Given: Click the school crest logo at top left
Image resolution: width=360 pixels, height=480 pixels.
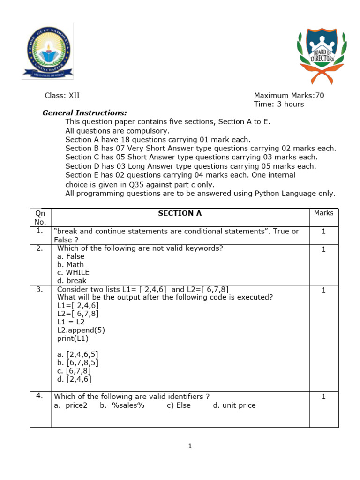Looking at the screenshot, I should [47, 51].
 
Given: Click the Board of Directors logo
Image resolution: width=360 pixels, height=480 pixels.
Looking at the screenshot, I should [322, 53].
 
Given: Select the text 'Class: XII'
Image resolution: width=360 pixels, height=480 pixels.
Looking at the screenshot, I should [62, 96].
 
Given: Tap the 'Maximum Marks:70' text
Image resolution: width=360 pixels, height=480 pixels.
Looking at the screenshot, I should [289, 96].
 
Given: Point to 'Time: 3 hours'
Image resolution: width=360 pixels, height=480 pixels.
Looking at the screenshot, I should [279, 104].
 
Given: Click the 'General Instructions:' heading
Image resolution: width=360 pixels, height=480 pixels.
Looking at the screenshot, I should [85, 113].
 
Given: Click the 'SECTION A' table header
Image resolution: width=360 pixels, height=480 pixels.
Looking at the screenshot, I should [180, 213].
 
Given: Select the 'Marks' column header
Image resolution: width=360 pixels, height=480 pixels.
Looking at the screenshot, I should [323, 213].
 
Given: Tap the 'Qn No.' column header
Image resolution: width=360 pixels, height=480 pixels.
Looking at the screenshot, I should [40, 217].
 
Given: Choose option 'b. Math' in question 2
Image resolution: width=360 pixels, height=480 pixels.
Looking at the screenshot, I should [70, 264].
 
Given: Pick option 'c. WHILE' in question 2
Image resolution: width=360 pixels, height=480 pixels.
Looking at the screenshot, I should [73, 272].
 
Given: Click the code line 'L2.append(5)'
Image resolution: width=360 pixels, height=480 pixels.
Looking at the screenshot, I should [81, 330].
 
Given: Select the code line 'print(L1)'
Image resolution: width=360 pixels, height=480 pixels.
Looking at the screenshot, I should [73, 338].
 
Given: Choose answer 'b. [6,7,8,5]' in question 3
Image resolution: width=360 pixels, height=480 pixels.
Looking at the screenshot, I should [78, 362].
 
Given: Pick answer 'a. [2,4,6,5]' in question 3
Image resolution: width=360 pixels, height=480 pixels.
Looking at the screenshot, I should [78, 354].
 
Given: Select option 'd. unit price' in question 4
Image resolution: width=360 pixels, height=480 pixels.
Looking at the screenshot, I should [234, 405].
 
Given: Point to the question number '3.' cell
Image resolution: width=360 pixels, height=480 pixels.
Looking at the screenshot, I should [40, 290].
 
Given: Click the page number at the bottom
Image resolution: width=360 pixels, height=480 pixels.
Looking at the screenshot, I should [190, 446].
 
